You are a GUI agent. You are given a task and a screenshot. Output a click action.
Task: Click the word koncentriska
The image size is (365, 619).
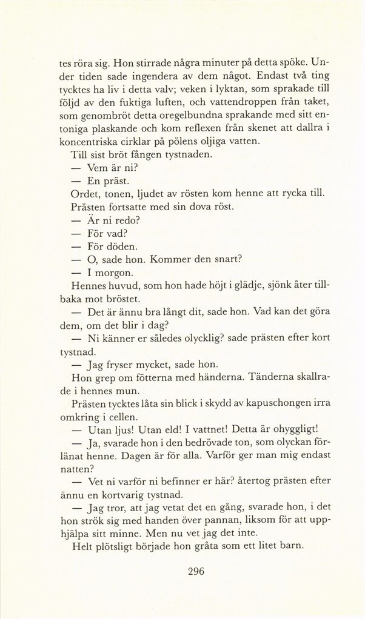[x=99, y=142]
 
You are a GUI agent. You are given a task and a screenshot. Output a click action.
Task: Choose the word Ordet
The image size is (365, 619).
[x=85, y=194]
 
